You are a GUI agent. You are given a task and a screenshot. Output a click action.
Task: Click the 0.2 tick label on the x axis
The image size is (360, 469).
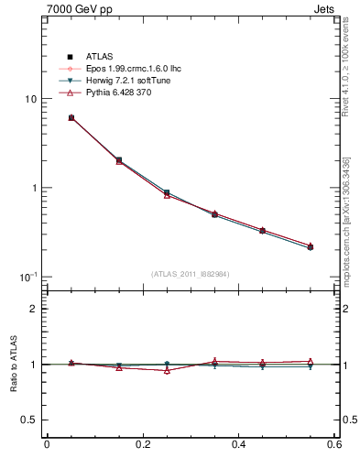[143, 445]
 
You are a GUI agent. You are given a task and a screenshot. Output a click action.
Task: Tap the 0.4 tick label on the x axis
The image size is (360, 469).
[239, 445]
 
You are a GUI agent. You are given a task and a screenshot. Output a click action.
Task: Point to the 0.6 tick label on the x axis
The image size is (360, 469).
[334, 445]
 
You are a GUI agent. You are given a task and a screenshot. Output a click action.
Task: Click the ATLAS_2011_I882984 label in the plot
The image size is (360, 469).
[191, 274]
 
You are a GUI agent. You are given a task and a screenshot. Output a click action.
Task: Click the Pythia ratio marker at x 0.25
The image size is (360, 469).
[167, 370]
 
